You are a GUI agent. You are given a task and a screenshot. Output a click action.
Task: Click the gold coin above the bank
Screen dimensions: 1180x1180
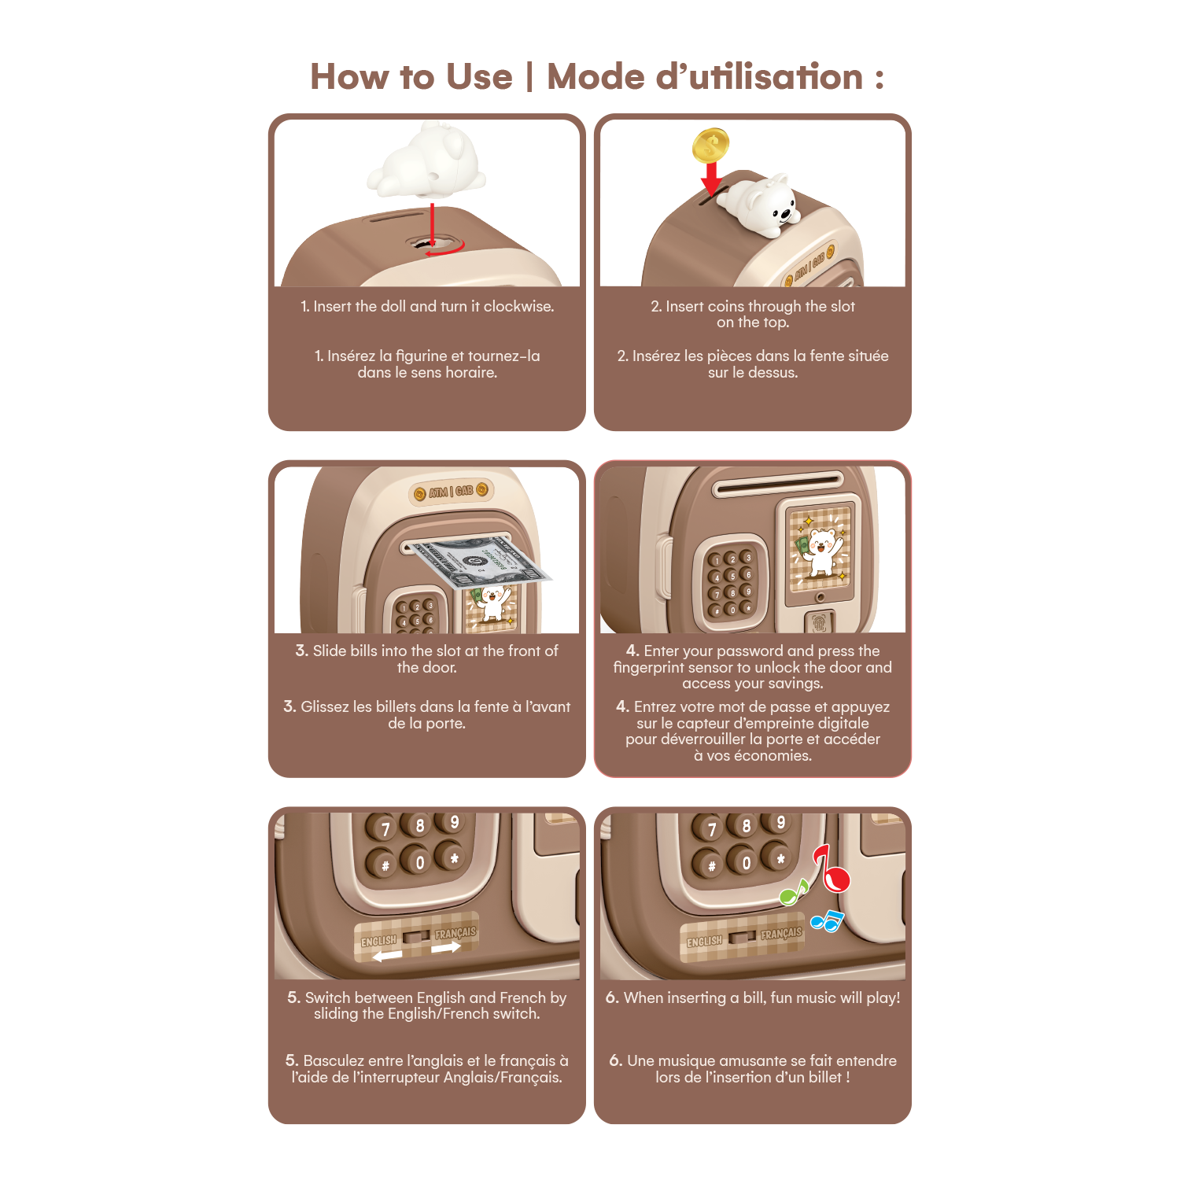pos(710,146)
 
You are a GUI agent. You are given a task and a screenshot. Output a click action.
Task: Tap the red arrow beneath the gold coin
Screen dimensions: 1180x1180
pos(711,179)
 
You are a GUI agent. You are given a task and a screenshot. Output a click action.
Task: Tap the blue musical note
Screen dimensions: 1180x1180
pos(827,920)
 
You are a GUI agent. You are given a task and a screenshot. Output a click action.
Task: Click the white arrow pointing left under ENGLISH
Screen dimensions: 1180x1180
pos(387,956)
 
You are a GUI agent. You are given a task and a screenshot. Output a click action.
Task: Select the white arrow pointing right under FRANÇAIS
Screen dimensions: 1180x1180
pos(445,948)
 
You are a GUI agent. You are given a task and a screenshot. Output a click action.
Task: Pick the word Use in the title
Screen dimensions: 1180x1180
pos(479,77)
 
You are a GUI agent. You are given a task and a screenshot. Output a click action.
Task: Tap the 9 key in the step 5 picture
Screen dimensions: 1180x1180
pos(454,822)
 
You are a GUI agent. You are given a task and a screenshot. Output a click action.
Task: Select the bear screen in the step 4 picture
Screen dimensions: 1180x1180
pos(820,549)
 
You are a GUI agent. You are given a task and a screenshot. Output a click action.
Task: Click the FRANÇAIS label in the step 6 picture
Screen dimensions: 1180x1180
pos(781,934)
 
